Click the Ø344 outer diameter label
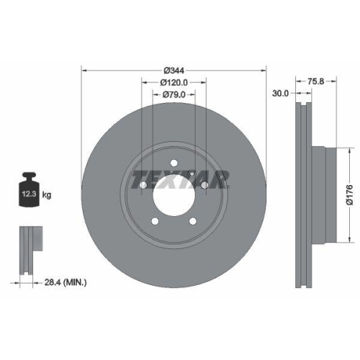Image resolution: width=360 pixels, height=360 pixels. click(x=174, y=70)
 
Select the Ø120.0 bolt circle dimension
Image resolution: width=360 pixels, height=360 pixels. click(x=174, y=83)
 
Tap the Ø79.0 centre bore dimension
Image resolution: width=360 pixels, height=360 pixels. click(x=174, y=95)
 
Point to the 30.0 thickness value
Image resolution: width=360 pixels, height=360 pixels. click(x=281, y=93)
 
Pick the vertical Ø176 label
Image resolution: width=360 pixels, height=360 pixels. click(x=348, y=193)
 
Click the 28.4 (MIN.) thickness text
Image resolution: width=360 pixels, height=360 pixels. click(x=65, y=283)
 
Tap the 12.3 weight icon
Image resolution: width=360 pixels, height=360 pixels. click(x=29, y=192)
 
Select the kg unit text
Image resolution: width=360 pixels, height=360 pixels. click(x=47, y=195)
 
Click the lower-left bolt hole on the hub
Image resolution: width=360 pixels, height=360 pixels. click(x=155, y=220)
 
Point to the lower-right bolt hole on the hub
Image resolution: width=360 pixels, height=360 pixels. click(x=194, y=220)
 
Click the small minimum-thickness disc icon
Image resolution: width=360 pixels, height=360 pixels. click(x=29, y=249)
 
